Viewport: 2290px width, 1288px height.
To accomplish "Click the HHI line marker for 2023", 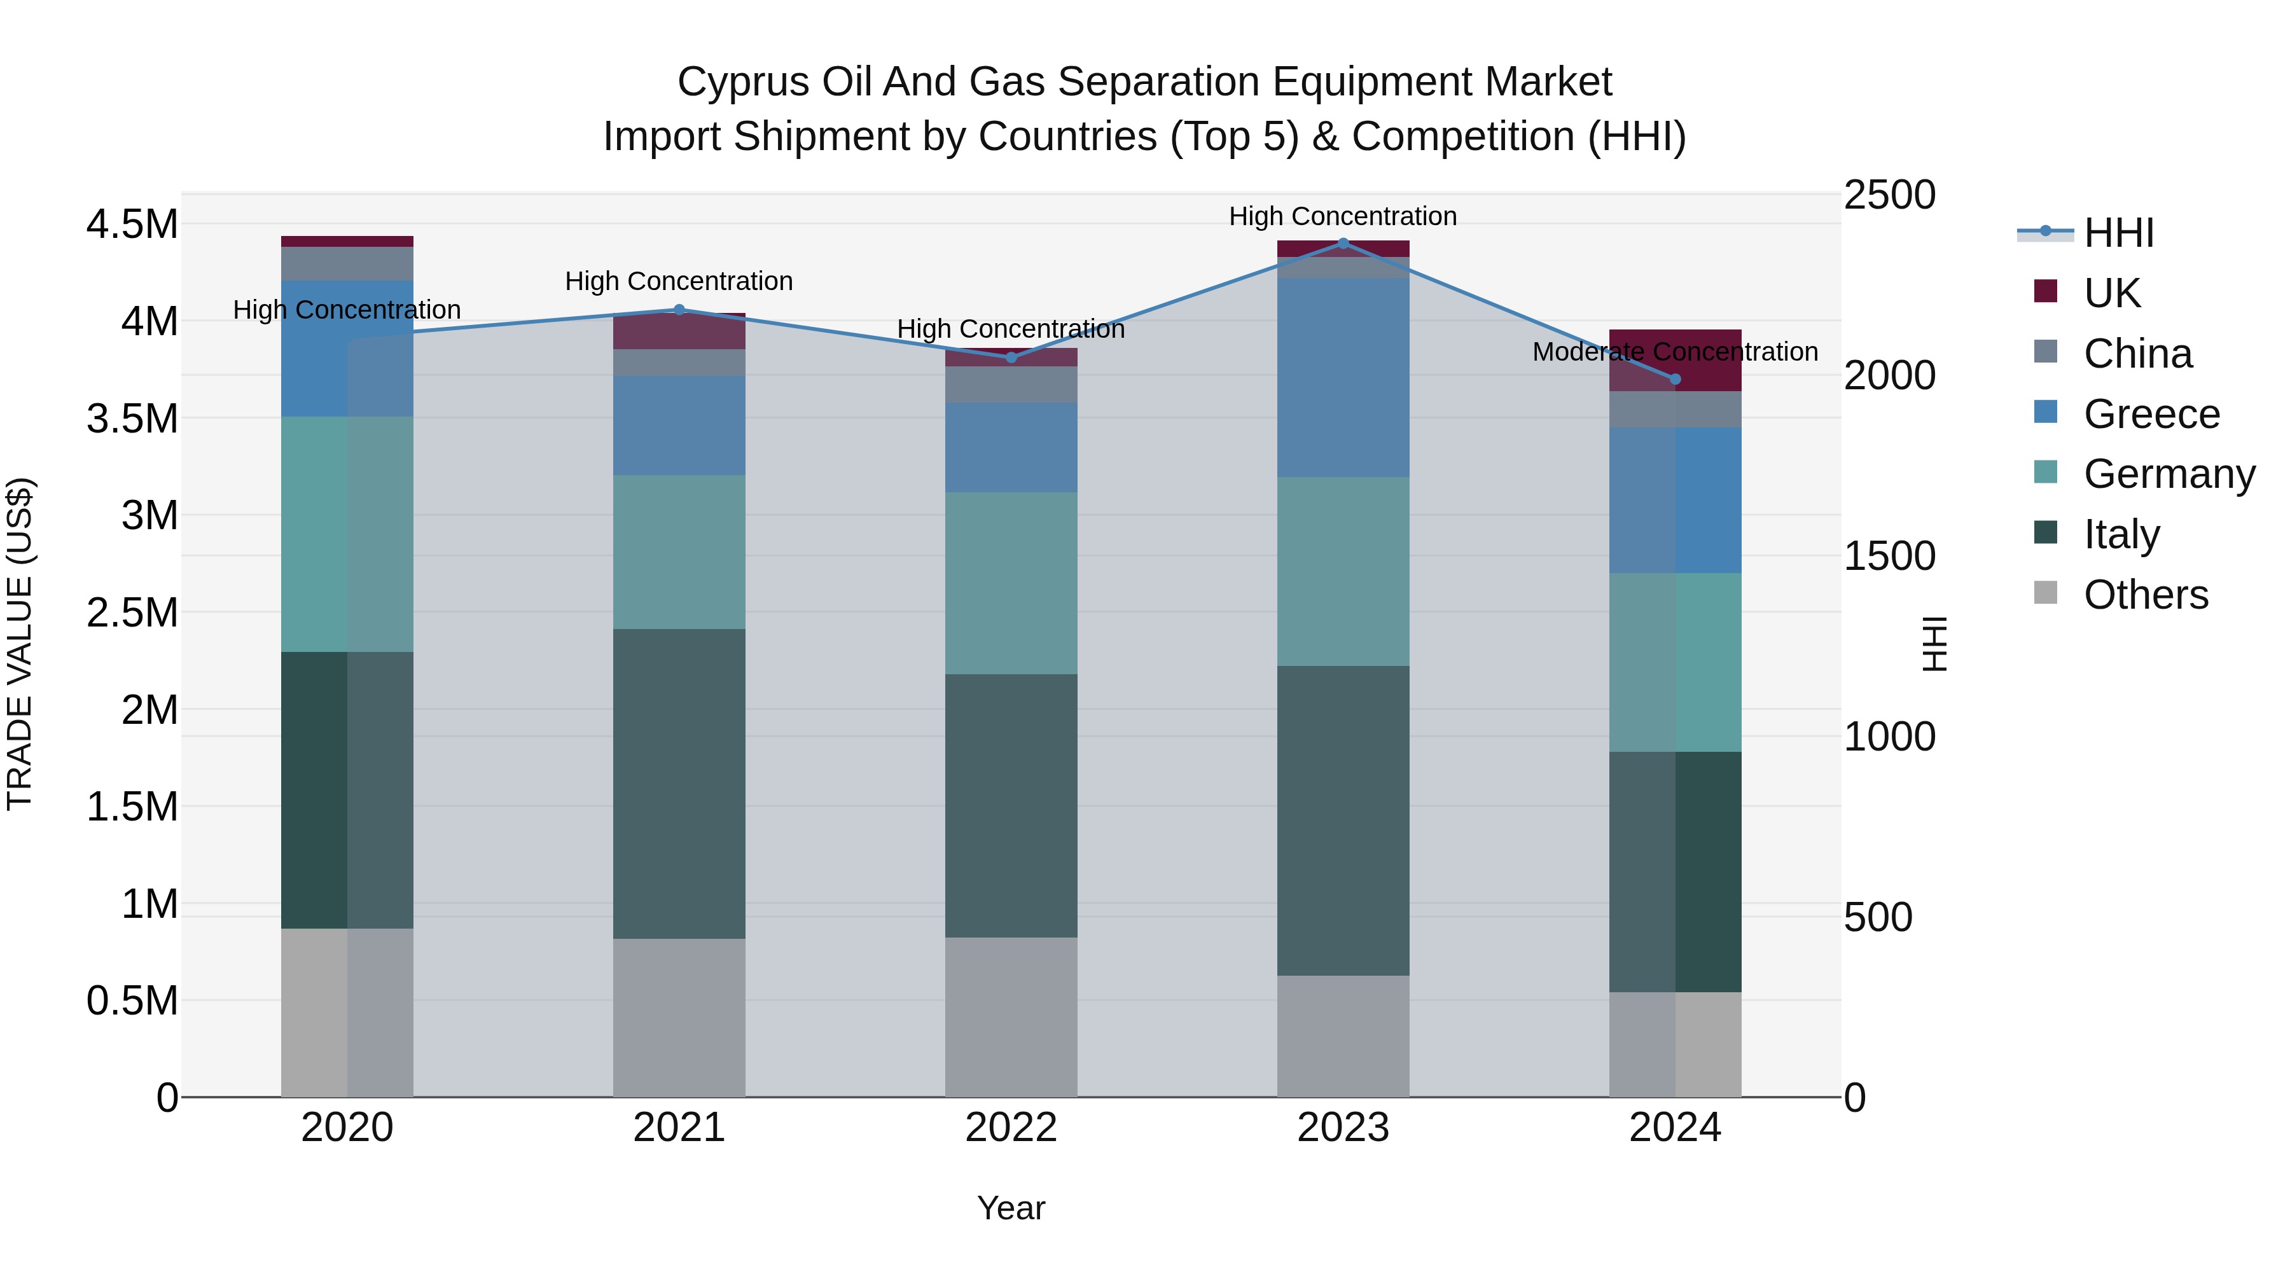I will pyautogui.click(x=1342, y=243).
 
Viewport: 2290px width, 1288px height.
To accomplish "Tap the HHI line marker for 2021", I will pyautogui.click(x=679, y=309).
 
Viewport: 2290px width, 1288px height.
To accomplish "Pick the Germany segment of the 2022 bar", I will pyautogui.click(x=1011, y=583).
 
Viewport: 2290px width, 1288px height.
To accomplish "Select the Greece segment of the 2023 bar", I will pyautogui.click(x=1342, y=377).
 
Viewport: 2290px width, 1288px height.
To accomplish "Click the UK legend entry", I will pyautogui.click(x=2111, y=293).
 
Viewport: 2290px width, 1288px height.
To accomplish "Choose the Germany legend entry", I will pyautogui.click(x=2169, y=474).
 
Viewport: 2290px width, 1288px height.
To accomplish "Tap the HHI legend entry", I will pyautogui.click(x=2118, y=233).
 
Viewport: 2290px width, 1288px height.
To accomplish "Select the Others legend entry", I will pyautogui.click(x=2145, y=595).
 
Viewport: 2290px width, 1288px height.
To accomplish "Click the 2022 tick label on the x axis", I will pyautogui.click(x=1011, y=1128).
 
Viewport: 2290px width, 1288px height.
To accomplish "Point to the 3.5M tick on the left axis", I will pyautogui.click(x=132, y=419).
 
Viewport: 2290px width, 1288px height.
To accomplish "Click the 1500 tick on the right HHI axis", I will pyautogui.click(x=1889, y=557).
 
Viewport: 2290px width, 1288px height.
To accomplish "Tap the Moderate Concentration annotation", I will pyautogui.click(x=1675, y=352).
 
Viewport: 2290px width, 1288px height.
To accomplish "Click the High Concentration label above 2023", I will pyautogui.click(x=1342, y=216).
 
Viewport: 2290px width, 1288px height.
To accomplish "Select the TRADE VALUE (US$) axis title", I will pyautogui.click(x=20, y=644).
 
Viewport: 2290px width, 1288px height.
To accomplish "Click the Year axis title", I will pyautogui.click(x=1011, y=1208).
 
